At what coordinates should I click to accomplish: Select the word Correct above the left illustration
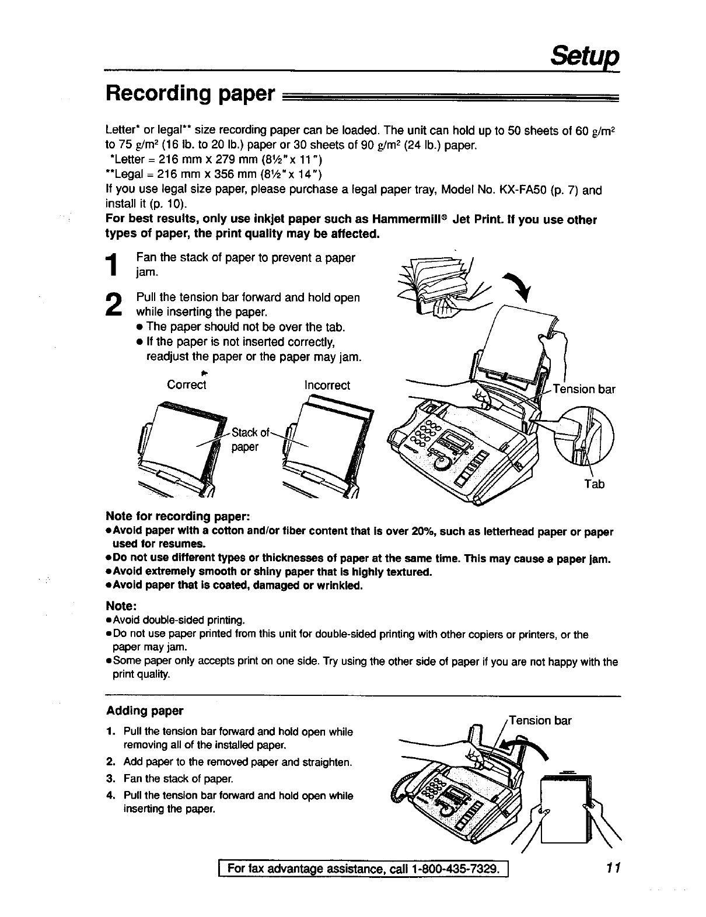[x=186, y=385]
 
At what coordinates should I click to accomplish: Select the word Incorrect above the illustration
[x=327, y=385]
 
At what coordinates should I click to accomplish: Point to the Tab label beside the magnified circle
[x=594, y=484]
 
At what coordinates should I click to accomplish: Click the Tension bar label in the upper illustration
[x=583, y=389]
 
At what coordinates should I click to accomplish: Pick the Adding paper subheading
[x=145, y=710]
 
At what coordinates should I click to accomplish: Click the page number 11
[x=611, y=869]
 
